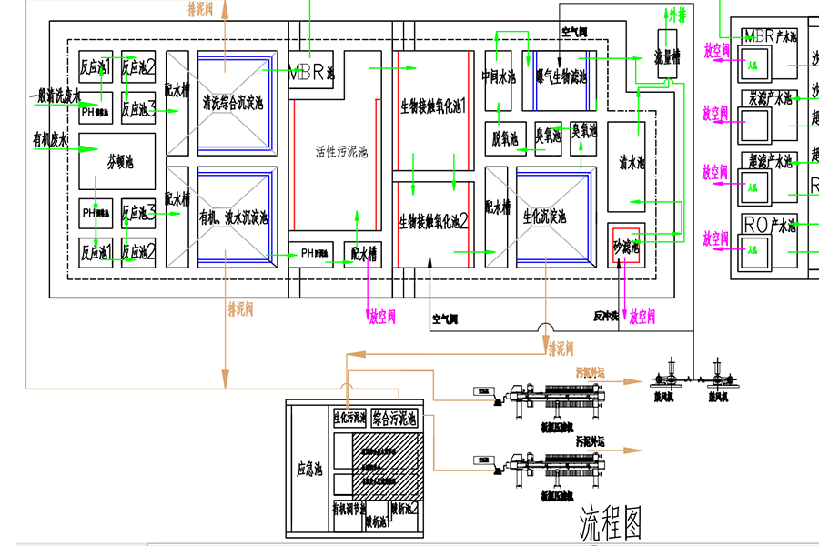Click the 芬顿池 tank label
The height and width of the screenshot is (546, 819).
coord(120,163)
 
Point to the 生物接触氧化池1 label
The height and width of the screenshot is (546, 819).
coord(433,106)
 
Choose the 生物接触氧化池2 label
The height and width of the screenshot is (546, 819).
coord(433,220)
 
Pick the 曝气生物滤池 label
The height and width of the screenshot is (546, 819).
coord(561,77)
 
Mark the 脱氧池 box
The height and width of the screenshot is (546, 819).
coord(502,138)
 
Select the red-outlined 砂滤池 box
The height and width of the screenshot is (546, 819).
coord(626,246)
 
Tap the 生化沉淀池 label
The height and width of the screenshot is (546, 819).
coord(544,217)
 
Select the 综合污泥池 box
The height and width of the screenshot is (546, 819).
coord(394,418)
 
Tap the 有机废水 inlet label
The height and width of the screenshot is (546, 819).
coord(51,139)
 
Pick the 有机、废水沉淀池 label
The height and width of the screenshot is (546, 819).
coord(234,218)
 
